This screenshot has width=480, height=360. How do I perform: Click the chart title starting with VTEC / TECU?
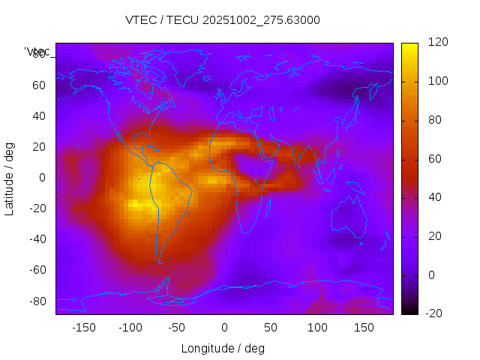point(223,20)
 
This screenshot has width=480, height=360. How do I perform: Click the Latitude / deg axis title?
point(10,178)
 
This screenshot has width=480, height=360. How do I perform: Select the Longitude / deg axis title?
point(223,348)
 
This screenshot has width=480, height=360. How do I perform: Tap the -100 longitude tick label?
point(130,328)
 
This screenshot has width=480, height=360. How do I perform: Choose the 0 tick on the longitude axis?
point(224,328)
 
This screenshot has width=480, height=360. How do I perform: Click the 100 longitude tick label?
point(317,328)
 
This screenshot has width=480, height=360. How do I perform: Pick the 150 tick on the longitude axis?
point(364,328)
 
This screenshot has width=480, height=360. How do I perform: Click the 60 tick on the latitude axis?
point(39,85)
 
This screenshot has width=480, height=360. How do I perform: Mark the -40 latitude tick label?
point(36,239)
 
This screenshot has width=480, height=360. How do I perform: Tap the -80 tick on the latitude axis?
point(36,301)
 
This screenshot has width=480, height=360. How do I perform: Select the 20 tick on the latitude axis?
point(39,146)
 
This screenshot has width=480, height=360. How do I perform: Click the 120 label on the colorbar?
point(438,43)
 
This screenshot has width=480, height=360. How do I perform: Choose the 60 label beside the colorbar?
point(435,159)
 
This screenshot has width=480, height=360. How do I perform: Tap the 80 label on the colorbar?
point(435,120)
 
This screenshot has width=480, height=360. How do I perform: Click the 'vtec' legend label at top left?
point(37,52)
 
